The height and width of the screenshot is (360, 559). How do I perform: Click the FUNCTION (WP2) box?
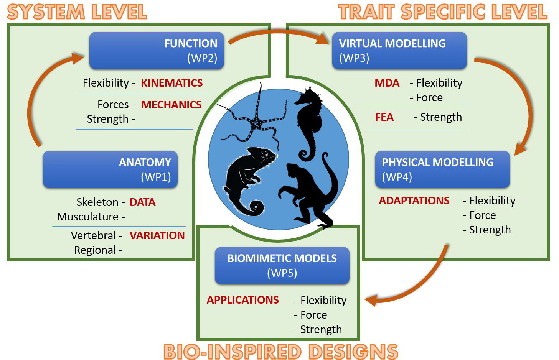(x=157, y=51)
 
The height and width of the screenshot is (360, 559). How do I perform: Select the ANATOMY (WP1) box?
(x=110, y=169)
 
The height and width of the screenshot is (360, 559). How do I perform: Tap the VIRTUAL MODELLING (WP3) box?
(x=399, y=51)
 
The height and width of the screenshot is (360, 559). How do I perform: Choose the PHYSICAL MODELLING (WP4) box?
(x=442, y=169)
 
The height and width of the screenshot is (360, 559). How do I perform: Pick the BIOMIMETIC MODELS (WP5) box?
(x=282, y=265)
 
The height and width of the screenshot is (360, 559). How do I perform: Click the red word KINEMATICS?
(x=172, y=83)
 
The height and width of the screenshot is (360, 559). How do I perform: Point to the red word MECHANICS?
(x=171, y=105)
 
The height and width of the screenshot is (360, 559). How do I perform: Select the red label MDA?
(x=387, y=83)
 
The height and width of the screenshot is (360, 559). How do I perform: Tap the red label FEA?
(x=384, y=117)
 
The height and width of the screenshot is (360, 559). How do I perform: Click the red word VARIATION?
(x=157, y=235)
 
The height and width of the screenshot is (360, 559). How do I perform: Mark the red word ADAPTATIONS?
(x=414, y=201)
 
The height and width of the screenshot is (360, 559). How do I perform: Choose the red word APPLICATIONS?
(x=242, y=300)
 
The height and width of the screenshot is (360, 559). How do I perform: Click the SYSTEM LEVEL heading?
(x=77, y=12)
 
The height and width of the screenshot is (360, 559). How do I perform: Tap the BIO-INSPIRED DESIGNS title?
(x=281, y=351)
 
